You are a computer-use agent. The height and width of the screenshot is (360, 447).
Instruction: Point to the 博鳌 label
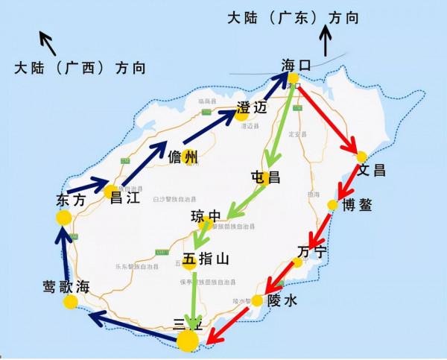pos(356,206)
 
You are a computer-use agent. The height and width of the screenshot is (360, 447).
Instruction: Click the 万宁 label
pos(311,251)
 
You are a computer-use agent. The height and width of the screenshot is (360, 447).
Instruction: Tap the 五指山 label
pos(206,259)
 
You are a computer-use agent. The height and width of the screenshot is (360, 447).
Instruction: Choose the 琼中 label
pos(206,217)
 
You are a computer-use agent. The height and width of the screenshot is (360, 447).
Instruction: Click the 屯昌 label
pos(265,177)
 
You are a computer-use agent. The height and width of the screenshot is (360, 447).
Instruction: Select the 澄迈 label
pos(251,107)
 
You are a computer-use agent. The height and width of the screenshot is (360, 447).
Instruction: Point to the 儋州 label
pos(183,157)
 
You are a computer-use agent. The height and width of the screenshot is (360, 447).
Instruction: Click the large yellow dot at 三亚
pos(188,341)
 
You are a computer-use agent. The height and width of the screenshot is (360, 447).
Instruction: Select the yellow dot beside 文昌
pos(361,157)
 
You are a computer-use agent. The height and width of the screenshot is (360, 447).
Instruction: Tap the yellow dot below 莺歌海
pos(71,302)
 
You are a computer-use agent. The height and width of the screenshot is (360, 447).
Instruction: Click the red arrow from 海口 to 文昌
pos(329,116)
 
